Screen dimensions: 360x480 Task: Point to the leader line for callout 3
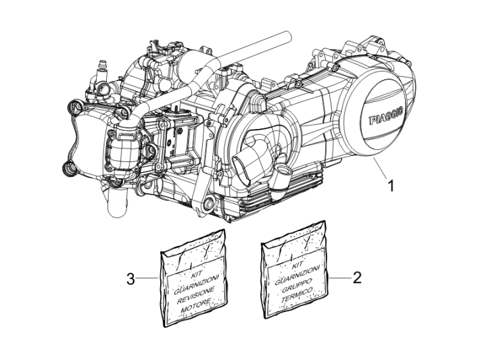point(149,278)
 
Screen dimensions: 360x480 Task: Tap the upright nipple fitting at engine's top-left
point(103,68)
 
